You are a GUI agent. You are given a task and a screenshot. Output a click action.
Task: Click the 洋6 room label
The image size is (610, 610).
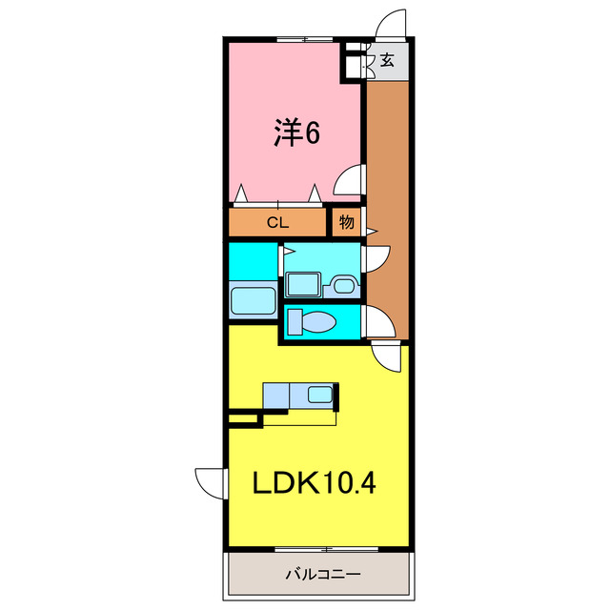click(297, 132)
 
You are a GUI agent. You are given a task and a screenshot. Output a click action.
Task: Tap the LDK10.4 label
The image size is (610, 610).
click(315, 482)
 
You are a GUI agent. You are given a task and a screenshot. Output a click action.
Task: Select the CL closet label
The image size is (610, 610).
click(277, 222)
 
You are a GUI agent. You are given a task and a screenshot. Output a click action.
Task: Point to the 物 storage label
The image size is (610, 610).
click(347, 222)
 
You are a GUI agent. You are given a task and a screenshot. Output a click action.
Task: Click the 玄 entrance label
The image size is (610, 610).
click(387, 60)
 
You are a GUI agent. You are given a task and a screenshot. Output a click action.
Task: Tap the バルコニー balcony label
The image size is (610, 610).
click(323, 574)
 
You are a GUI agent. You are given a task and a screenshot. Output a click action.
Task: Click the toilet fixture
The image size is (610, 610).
click(312, 322)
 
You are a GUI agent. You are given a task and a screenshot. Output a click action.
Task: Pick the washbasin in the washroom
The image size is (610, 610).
click(344, 286)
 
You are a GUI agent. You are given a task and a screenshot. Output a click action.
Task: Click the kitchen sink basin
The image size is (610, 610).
click(320, 395)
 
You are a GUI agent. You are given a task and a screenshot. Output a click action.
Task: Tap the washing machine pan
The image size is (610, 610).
click(303, 284)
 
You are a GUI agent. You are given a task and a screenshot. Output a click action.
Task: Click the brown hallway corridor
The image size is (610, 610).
click(388, 210)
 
